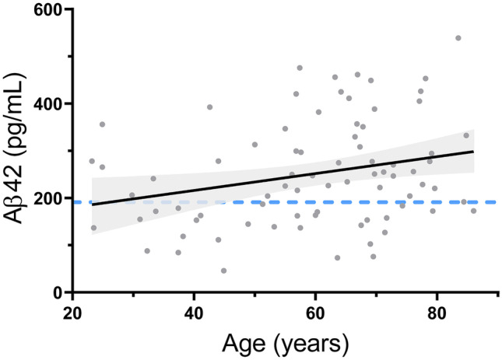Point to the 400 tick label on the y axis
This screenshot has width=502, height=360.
coord(49,103)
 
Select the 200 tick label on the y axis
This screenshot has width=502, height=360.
coord(49,198)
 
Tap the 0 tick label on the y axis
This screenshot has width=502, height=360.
coord(58,292)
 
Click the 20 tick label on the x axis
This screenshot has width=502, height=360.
coord(72,309)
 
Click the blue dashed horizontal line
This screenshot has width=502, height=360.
coord(311,202)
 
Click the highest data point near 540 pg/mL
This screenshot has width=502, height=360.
coord(458,38)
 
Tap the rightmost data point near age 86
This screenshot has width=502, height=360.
coord(473,211)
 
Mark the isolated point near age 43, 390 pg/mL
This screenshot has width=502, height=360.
coord(209,107)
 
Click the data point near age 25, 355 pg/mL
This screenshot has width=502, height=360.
coord(102,124)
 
